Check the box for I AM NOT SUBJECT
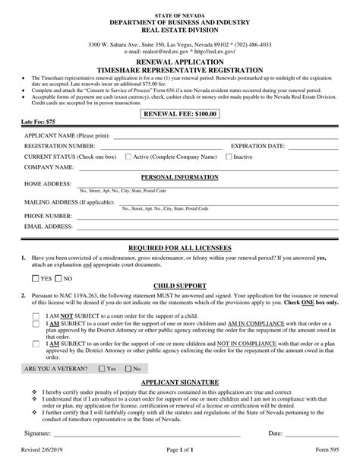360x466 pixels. point(36,315)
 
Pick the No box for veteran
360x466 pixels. point(128,368)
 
